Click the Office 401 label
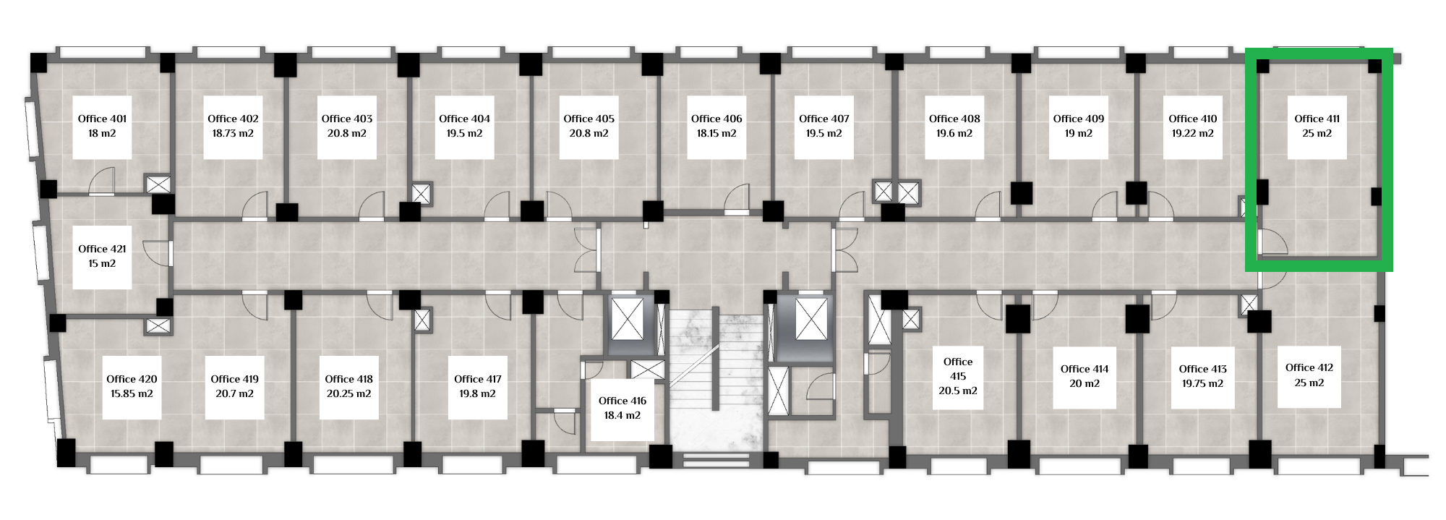click(102, 119)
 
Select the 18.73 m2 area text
click(233, 134)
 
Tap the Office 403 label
click(347, 119)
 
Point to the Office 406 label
click(716, 119)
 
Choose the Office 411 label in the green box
click(1317, 119)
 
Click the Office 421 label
click(102, 249)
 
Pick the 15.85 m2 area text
click(132, 394)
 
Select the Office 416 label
click(623, 401)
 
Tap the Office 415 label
click(958, 369)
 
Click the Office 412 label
click(1309, 367)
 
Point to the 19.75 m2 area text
click(1203, 384)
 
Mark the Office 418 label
click(349, 379)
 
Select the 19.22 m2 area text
click(1193, 134)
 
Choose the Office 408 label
click(954, 119)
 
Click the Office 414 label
click(1084, 369)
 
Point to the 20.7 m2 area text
click(235, 394)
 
